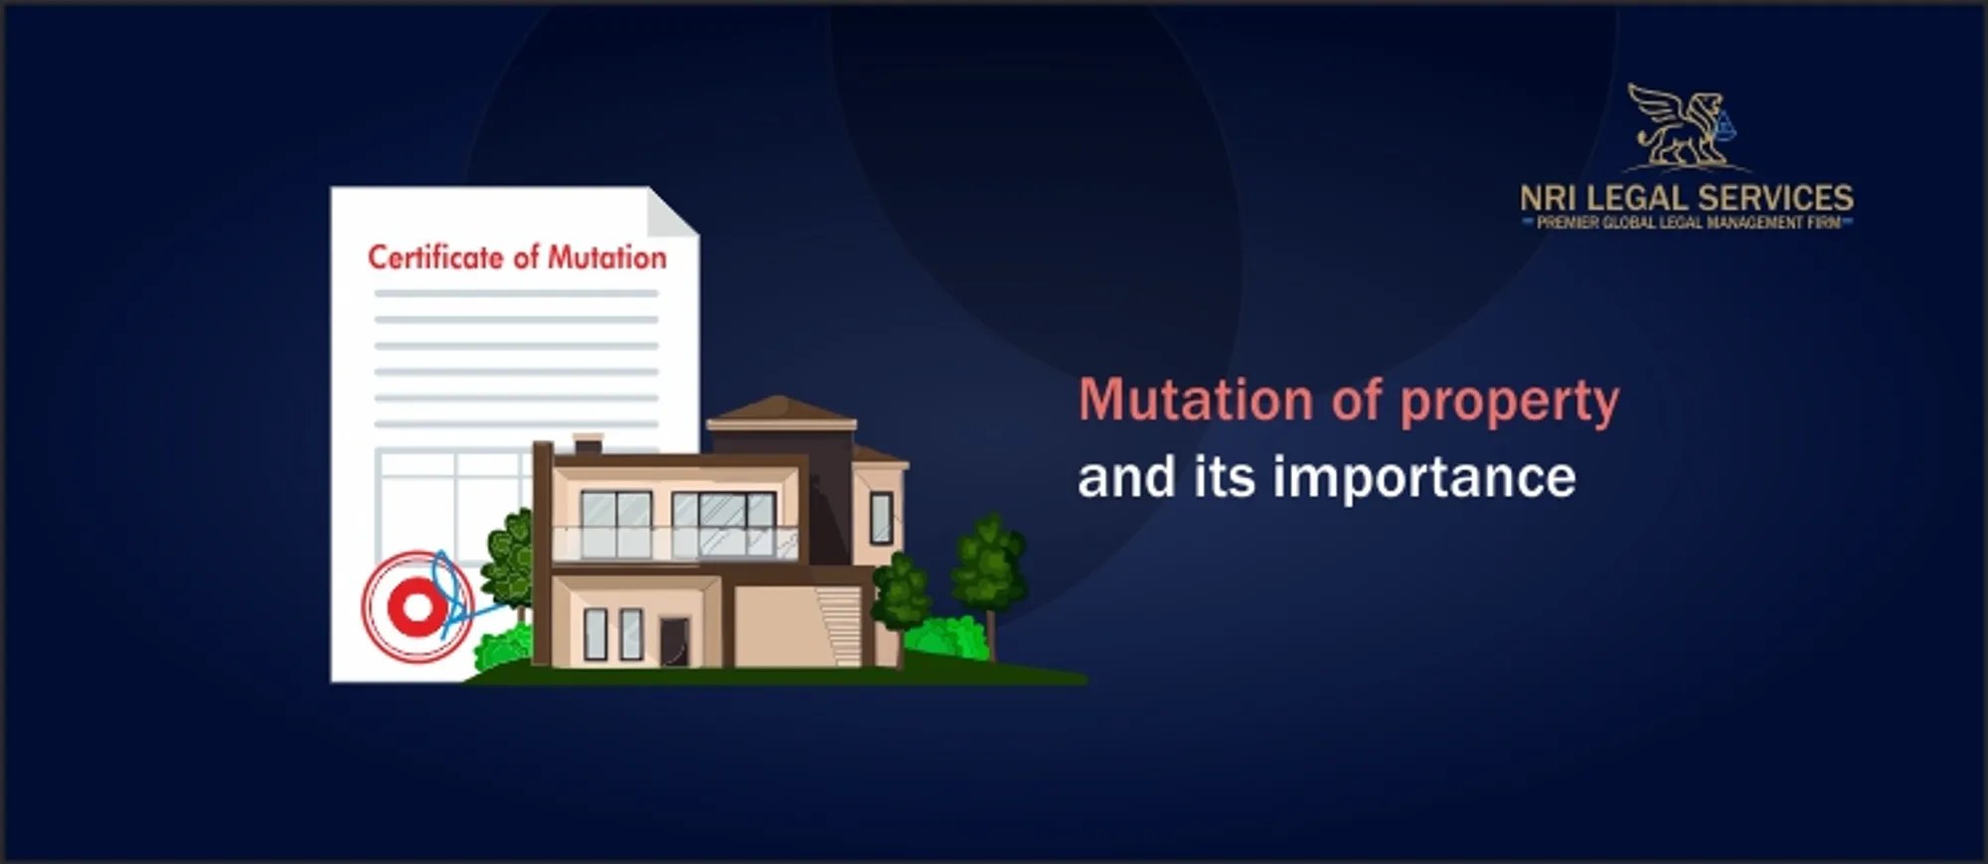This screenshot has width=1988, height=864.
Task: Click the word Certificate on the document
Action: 435,258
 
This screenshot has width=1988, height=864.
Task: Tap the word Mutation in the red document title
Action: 607,258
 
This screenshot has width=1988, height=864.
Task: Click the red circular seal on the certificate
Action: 416,606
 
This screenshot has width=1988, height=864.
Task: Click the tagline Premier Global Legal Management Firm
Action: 1688,223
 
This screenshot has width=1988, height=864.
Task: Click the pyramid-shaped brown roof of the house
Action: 781,409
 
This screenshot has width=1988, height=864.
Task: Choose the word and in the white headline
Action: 1126,476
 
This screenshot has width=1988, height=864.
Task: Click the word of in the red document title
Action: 526,258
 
